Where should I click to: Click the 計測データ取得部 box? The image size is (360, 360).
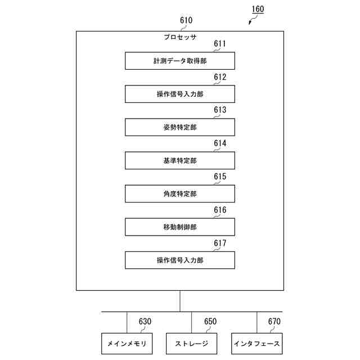tap(179, 61)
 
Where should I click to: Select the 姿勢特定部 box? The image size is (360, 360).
tap(179, 127)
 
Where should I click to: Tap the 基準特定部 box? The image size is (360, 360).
tap(179, 160)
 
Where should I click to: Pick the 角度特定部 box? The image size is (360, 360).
tap(179, 193)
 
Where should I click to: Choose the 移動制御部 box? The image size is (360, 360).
tap(179, 227)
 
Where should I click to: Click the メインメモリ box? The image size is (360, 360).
tap(127, 343)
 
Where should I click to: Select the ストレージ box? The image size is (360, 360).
tap(192, 343)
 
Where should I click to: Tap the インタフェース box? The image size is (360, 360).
tap(257, 343)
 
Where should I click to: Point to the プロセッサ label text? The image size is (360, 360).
tap(179, 38)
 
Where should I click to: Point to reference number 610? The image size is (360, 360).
tap(186, 21)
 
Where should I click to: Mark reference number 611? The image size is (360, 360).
tap(220, 43)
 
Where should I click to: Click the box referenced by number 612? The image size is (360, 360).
tap(179, 94)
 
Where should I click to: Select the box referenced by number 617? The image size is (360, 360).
tap(179, 260)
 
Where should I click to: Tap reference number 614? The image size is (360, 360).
tap(220, 143)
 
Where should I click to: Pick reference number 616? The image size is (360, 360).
tap(220, 210)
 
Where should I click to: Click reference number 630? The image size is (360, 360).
tap(145, 322)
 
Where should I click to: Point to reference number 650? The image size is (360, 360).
tap(210, 322)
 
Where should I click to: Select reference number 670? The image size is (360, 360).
tap(274, 322)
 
